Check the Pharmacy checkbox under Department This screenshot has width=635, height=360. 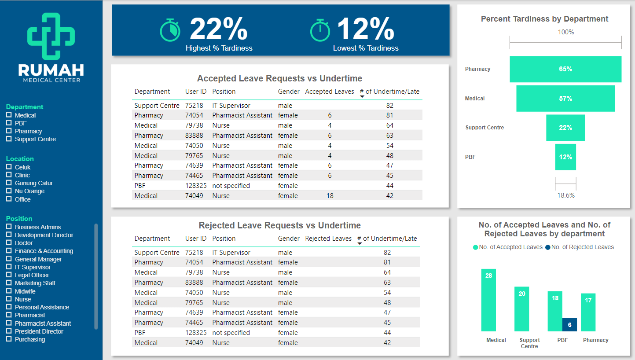tap(9, 131)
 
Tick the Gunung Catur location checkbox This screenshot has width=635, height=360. tap(9, 183)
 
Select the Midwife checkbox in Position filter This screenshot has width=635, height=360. tap(9, 291)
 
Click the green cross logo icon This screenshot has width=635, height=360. tap(51, 36)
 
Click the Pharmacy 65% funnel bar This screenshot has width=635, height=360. tap(565, 69)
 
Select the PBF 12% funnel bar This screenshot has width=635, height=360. tap(565, 157)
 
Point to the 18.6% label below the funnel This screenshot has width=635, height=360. tap(566, 195)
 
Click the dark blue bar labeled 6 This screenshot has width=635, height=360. tap(569, 324)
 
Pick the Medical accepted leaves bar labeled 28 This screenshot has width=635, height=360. tap(488, 300)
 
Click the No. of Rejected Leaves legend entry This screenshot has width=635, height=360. tap(580, 247)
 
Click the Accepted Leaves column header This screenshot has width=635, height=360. tap(330, 92)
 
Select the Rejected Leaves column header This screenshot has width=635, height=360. tap(328, 239)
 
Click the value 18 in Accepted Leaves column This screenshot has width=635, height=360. tap(330, 196)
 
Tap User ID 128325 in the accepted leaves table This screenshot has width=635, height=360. tap(196, 186)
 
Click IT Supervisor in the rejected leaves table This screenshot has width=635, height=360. tap(231, 253)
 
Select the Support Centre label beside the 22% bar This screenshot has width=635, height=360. tap(485, 128)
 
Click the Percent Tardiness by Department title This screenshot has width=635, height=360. tap(545, 19)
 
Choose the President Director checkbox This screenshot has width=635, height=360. tap(9, 331)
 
